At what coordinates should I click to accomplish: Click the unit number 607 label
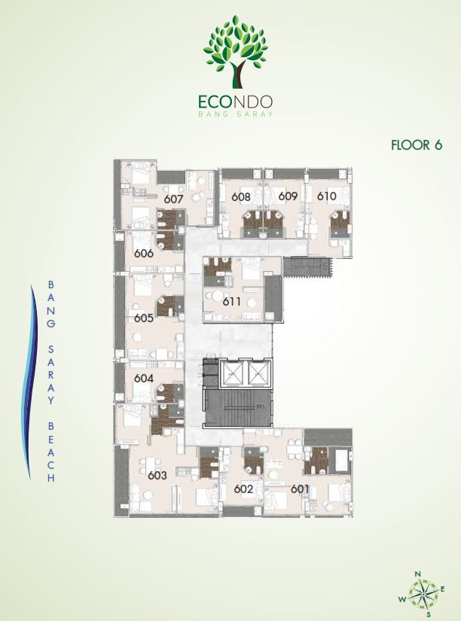[x=173, y=198]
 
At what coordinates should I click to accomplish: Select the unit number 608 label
[x=240, y=196]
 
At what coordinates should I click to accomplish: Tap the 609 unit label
[x=288, y=196]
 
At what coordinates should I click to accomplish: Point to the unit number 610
[x=327, y=196]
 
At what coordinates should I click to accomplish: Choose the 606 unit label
[x=143, y=253]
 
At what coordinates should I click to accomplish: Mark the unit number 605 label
[x=143, y=318]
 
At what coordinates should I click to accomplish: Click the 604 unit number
[x=143, y=378]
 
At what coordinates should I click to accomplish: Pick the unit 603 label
[x=157, y=475]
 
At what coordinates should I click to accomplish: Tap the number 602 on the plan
[x=243, y=489]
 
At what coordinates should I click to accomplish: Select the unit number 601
[x=300, y=489]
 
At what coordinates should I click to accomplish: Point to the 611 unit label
[x=231, y=301]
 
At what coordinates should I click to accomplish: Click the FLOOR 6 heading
[x=417, y=145]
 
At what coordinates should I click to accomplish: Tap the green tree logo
[x=236, y=51]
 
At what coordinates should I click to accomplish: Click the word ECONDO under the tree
[x=236, y=102]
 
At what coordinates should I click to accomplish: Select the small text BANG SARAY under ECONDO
[x=236, y=114]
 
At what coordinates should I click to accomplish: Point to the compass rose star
[x=423, y=594]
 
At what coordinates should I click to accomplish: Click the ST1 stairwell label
[x=260, y=406]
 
